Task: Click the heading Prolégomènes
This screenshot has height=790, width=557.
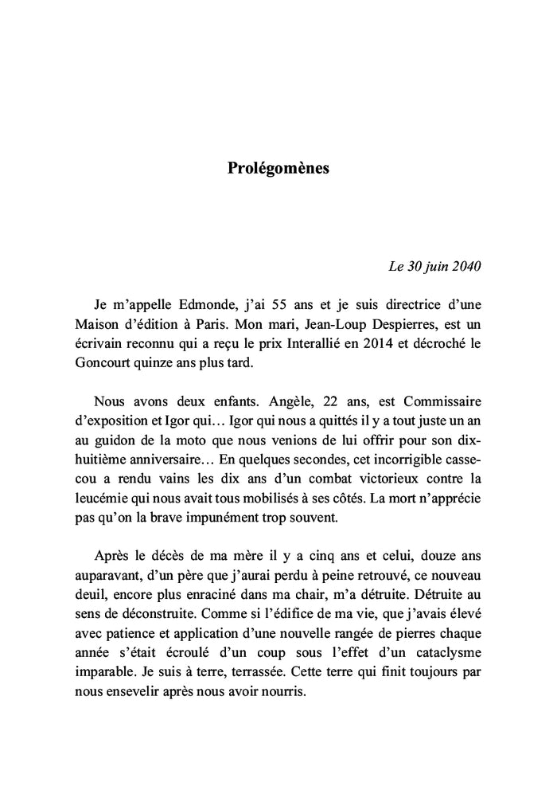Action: tap(278, 169)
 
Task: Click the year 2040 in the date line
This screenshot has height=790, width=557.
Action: tap(464, 265)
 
